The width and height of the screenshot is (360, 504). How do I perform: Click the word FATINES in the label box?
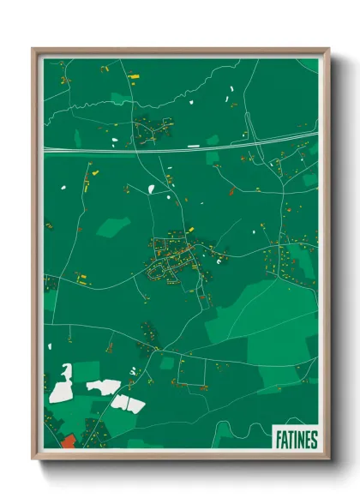[x=297, y=440]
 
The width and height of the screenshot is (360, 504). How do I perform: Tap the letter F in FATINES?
[x=279, y=440]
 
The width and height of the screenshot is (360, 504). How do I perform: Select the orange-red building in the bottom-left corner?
[x=68, y=441]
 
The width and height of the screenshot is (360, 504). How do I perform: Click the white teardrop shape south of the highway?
[x=151, y=189]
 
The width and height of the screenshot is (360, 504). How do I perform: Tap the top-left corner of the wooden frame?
[x=34, y=50]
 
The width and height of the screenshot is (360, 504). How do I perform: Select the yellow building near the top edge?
[x=133, y=77]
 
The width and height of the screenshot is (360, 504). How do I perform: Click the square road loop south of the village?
[x=194, y=369]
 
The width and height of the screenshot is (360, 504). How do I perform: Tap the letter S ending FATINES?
[x=314, y=440]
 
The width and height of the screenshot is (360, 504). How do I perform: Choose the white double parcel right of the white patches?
[x=129, y=403]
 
